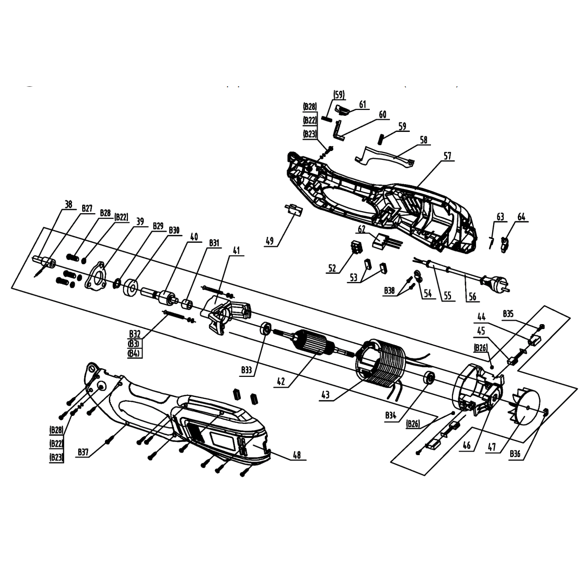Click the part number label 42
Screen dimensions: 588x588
281,381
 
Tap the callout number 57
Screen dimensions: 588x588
448,157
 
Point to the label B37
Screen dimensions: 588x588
84,453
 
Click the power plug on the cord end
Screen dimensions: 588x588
499,286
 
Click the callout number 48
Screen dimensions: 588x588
297,455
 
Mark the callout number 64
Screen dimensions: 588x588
522,217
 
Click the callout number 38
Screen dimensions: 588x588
68,204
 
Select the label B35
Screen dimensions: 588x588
508,314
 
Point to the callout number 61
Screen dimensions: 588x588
362,104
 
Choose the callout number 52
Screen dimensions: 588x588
332,268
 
